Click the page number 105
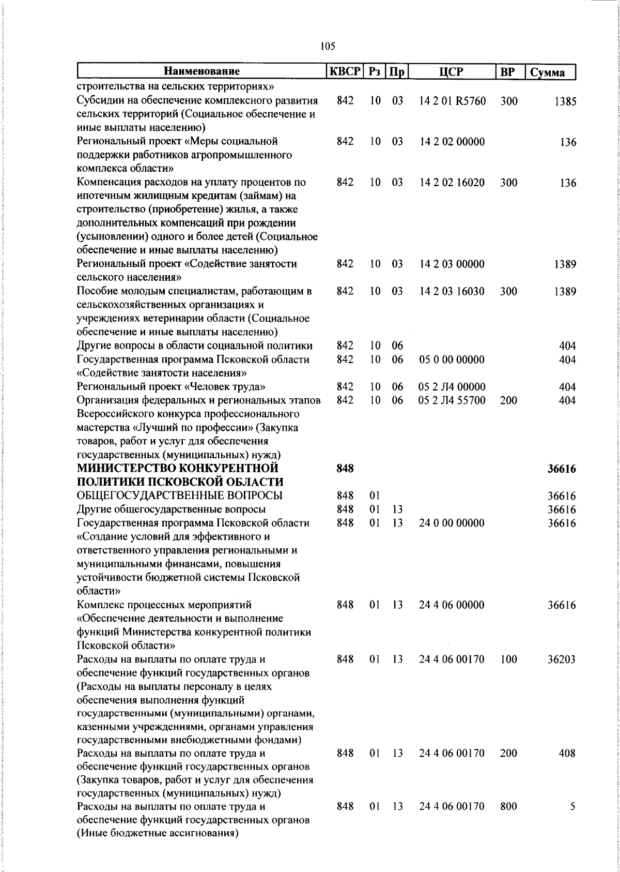click(328, 47)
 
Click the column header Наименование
click(202, 72)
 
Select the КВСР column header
click(345, 71)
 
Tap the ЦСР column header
click(452, 72)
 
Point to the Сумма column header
click(548, 72)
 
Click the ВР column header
click(508, 72)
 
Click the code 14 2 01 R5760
click(453, 101)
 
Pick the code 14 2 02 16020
click(452, 183)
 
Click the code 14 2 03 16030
click(452, 291)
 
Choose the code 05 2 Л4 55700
click(452, 400)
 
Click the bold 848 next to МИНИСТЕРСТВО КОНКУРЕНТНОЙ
click(345, 469)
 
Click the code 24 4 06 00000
click(452, 605)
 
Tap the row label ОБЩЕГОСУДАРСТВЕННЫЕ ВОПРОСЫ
click(179, 496)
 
